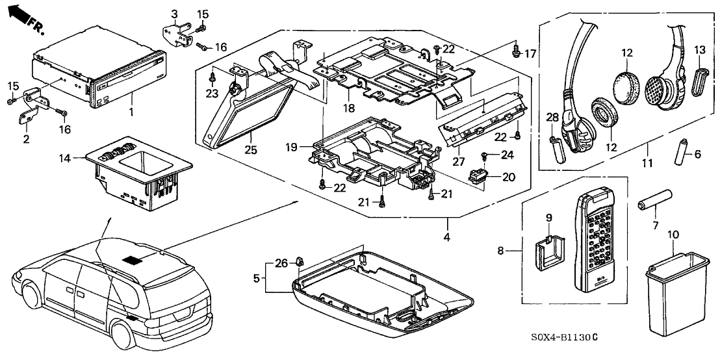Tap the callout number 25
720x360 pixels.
tap(251, 150)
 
